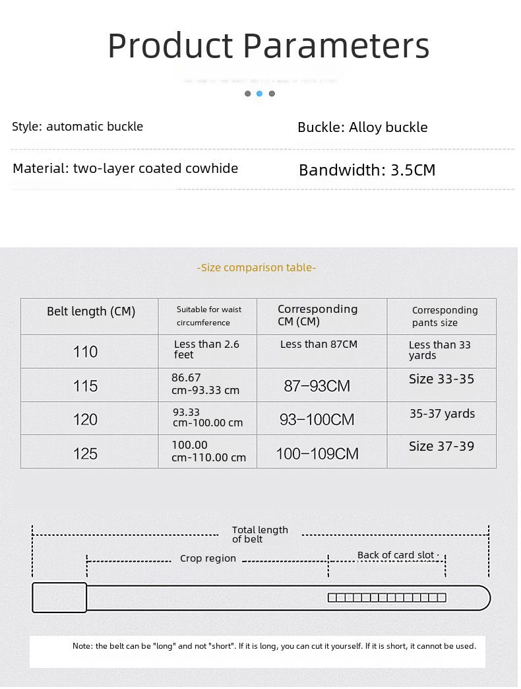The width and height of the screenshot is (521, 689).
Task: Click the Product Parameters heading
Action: pos(268,46)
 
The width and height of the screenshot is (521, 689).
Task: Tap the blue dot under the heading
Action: pos(259,94)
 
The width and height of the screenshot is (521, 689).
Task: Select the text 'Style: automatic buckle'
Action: pos(77,126)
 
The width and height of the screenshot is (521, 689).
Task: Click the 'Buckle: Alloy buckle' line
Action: pos(362,127)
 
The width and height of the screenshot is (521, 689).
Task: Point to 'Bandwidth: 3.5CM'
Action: pos(367,170)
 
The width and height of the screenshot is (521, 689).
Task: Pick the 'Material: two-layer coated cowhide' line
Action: pos(125,168)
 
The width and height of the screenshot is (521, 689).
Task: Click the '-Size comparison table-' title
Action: pos(257,267)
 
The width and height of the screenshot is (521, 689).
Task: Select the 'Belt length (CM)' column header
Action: pos(90,312)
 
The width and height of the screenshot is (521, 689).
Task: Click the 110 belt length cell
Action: pos(86,352)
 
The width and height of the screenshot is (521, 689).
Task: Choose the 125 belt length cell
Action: pos(86,453)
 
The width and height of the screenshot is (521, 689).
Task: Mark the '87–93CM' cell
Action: pos(317,386)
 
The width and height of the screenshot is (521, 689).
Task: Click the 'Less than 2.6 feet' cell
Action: pos(206,349)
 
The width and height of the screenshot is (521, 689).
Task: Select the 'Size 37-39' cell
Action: pos(441,446)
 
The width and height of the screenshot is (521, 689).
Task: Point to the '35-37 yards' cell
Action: pos(442,414)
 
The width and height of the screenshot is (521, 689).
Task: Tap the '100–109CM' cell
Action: pos(317,453)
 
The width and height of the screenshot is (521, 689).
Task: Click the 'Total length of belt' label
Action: pos(260,535)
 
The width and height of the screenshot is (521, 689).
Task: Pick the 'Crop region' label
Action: pos(208,558)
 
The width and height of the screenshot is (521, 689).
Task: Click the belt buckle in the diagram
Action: pos(59,597)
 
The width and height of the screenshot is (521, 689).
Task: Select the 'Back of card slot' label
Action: pos(396,555)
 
